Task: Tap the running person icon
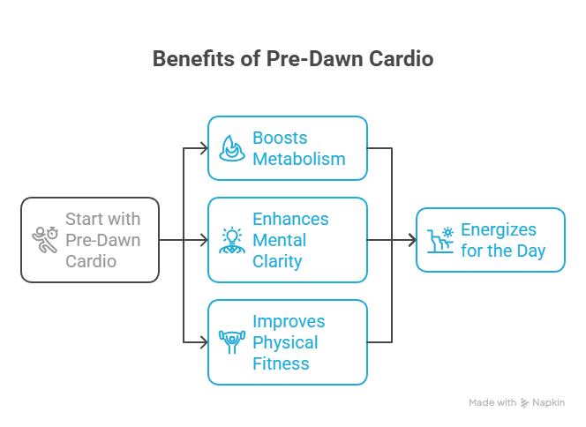tap(44, 240)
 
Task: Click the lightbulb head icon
tap(231, 240)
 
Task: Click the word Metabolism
tap(297, 160)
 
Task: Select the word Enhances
tap(290, 219)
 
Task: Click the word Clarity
tap(277, 261)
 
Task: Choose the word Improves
tap(289, 321)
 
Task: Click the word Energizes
tap(499, 229)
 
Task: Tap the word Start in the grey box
tap(84, 219)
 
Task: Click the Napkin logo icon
tap(526, 402)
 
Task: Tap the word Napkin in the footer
tap(548, 402)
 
